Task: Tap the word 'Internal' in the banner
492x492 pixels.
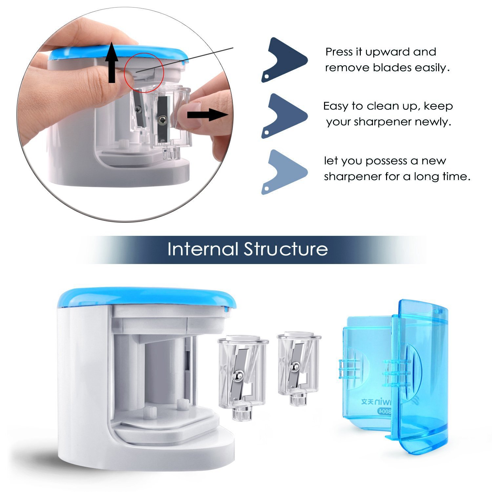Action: [202, 249]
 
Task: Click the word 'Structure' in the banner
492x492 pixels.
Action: [286, 249]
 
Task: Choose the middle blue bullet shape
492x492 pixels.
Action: [284, 115]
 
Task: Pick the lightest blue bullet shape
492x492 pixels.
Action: [284, 172]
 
